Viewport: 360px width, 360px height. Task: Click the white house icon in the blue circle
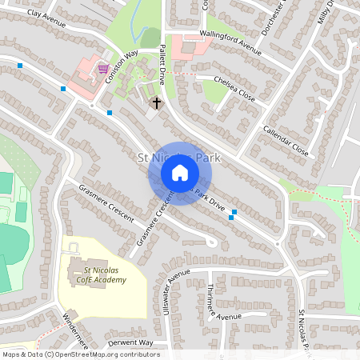pos(180,173)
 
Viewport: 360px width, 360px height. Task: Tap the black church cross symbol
pos(156,103)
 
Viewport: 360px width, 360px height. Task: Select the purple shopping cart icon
pos(102,69)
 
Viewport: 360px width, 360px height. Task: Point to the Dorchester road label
pos(272,18)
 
